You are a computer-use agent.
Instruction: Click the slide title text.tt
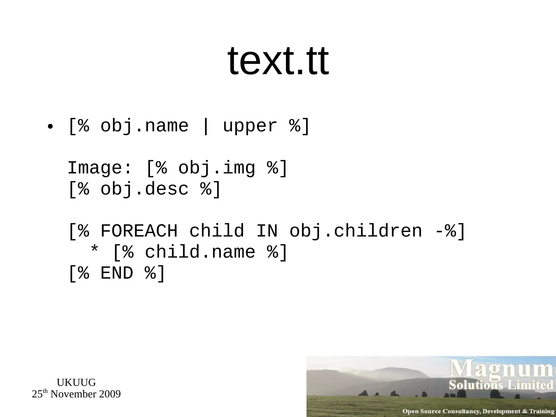(x=278, y=61)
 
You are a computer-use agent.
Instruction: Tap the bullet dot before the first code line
(x=50, y=127)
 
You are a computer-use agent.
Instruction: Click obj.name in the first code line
(x=144, y=126)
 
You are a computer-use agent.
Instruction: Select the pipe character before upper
(x=206, y=127)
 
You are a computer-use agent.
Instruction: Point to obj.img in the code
(x=217, y=168)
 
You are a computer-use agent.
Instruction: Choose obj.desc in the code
(x=144, y=189)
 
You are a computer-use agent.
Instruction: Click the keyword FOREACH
(x=139, y=231)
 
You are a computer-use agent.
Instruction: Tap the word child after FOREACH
(x=217, y=231)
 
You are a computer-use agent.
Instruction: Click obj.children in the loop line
(x=356, y=231)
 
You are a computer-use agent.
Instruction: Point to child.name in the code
(x=200, y=252)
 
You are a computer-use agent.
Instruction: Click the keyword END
(x=117, y=273)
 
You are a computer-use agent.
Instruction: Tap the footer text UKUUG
(x=76, y=383)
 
